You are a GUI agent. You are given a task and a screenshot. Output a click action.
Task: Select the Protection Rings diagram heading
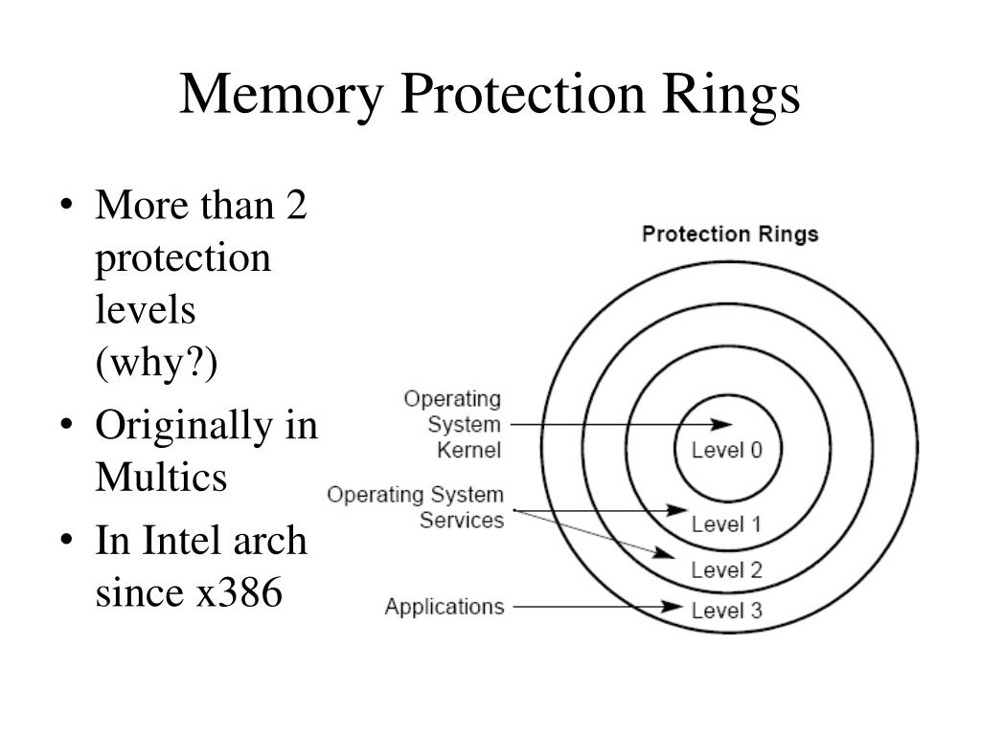[729, 234]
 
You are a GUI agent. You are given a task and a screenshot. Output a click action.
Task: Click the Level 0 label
[727, 450]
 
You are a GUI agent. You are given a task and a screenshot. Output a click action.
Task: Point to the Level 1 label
[726, 523]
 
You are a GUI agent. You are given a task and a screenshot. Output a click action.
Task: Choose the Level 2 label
[726, 570]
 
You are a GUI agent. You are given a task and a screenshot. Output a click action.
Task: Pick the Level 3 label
[726, 611]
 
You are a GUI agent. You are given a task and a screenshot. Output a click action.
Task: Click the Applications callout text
[444, 606]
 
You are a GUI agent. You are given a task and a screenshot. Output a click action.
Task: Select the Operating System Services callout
[415, 507]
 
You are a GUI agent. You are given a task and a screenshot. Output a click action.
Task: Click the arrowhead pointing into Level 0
[723, 424]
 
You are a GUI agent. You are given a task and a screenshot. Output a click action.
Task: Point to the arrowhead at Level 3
[676, 607]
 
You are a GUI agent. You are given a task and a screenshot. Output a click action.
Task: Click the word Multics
[161, 476]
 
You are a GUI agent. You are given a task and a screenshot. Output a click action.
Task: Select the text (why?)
[156, 363]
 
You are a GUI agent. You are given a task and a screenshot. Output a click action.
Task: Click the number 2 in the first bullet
[295, 205]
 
